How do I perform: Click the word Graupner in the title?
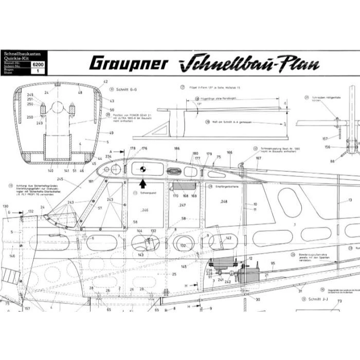(128, 63)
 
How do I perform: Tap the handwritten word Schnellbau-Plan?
(250, 64)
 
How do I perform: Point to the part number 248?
(223, 202)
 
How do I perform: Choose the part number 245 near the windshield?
(60, 179)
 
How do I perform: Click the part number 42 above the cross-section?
(105, 82)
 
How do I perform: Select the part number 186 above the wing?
(177, 148)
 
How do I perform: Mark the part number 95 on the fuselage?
(273, 263)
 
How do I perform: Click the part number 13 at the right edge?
(350, 200)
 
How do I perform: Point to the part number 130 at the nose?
(6, 206)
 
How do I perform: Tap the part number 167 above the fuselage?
(258, 158)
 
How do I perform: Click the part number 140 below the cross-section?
(50, 170)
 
